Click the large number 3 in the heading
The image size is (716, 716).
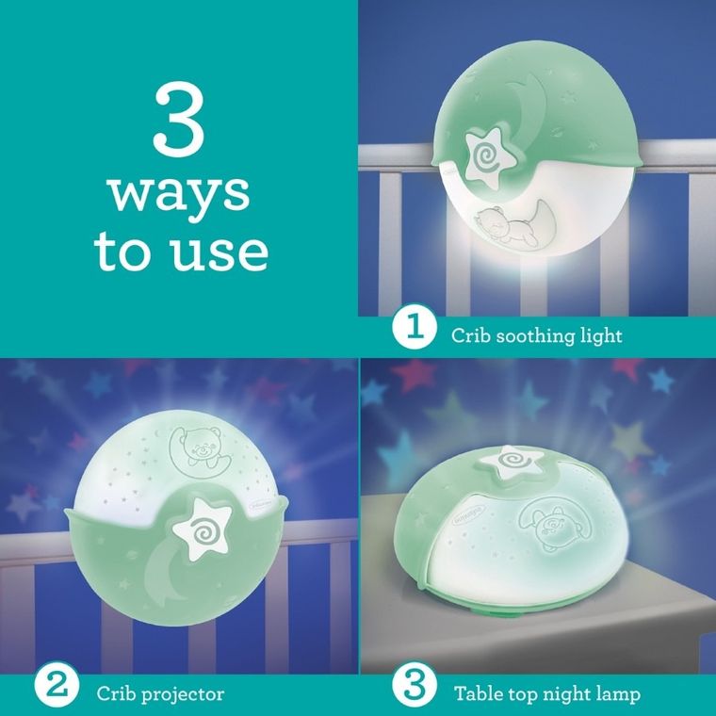(x=179, y=120)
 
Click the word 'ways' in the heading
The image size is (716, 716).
(x=179, y=194)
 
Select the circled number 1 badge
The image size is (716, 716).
(x=415, y=328)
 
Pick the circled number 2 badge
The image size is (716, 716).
(x=57, y=686)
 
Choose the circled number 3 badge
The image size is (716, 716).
(x=415, y=686)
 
